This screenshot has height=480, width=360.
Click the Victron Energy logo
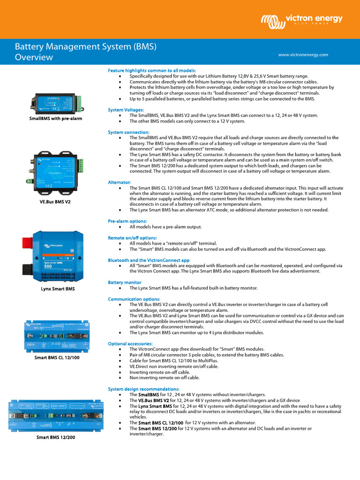(x=301, y=20)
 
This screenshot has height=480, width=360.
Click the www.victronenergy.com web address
(x=303, y=55)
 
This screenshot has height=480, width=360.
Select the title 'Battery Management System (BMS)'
(x=85, y=47)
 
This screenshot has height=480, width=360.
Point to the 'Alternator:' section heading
(x=120, y=182)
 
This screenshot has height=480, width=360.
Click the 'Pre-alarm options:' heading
(x=127, y=221)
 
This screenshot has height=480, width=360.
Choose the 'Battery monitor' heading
(x=125, y=282)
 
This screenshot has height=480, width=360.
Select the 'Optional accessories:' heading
(x=130, y=344)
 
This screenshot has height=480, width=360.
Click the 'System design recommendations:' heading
(x=143, y=389)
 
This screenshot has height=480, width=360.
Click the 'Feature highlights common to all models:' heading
(x=152, y=70)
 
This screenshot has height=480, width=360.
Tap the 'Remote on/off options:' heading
(x=132, y=238)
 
